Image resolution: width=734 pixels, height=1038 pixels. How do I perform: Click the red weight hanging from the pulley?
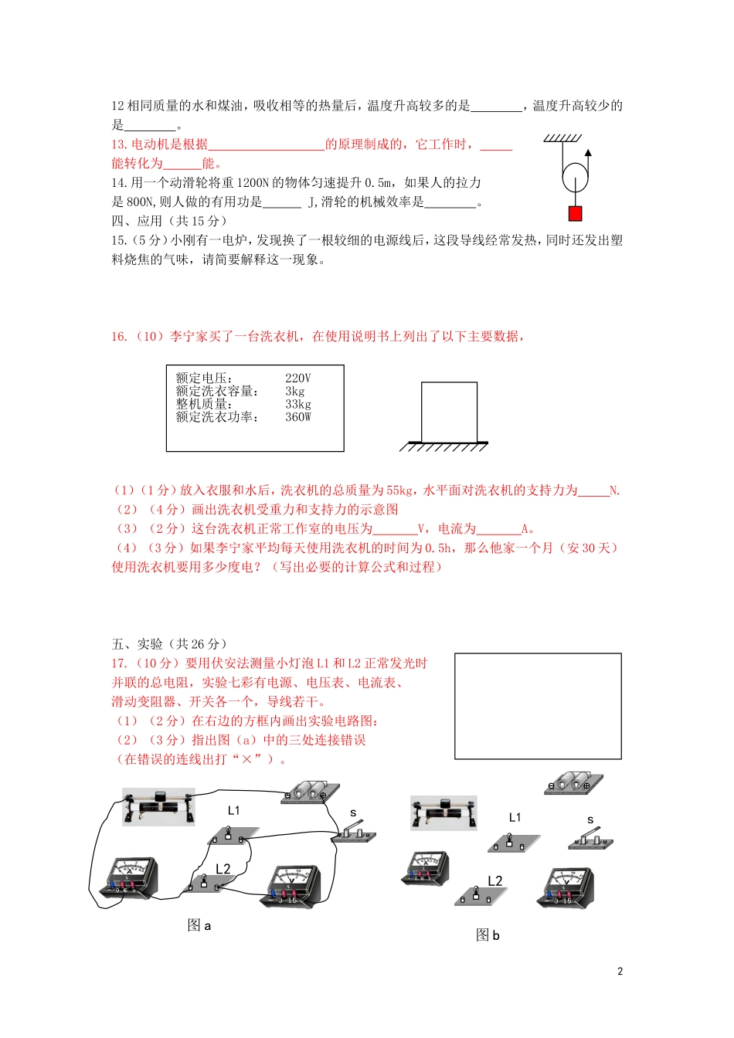[x=575, y=214]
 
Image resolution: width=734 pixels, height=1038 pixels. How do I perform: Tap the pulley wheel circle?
[x=575, y=178]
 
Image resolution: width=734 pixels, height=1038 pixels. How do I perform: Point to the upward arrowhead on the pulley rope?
[x=588, y=153]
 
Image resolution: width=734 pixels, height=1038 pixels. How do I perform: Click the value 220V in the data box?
[x=297, y=378]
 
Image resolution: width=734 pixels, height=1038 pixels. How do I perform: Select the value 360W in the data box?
[x=297, y=417]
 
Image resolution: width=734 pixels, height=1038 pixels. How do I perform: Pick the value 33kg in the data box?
[x=297, y=404]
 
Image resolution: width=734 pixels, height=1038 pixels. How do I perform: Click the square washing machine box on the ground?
[x=449, y=412]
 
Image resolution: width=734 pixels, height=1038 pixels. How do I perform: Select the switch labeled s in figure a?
[x=355, y=833]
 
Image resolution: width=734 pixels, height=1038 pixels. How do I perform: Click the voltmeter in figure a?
[x=293, y=885]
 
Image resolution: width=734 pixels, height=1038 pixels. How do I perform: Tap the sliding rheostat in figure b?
[x=443, y=812]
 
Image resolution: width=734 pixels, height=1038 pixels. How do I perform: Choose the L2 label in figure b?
[x=495, y=880]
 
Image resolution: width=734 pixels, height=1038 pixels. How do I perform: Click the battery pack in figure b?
[x=573, y=783]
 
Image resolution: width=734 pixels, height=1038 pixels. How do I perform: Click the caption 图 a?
[x=199, y=925]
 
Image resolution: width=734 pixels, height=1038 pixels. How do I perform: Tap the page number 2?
[x=620, y=972]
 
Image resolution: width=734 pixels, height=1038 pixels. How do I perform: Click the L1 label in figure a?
[x=234, y=810]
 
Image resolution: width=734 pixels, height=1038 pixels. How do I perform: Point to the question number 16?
[x=119, y=336]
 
